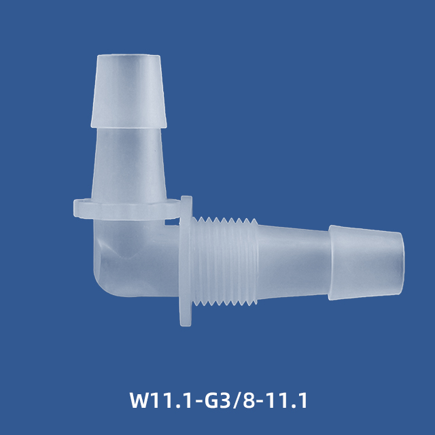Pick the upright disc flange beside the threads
tap(186, 262)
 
